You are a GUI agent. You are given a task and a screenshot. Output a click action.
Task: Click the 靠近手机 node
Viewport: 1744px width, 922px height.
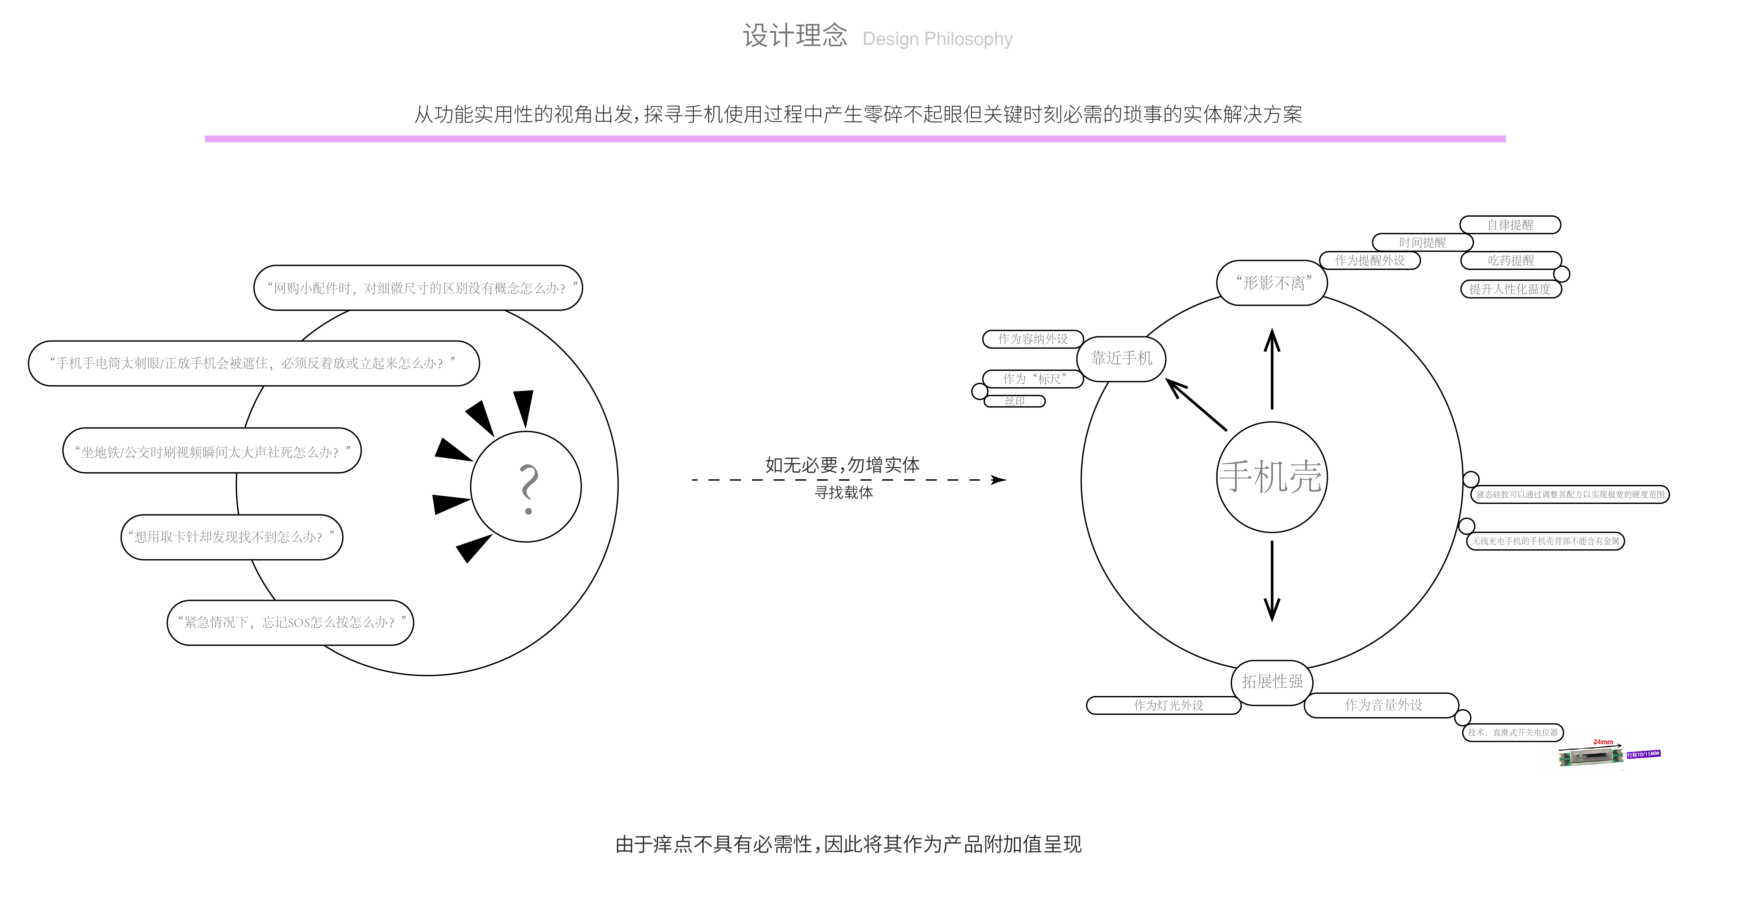click(1121, 358)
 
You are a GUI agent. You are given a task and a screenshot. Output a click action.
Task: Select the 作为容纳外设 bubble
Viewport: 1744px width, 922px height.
click(1033, 339)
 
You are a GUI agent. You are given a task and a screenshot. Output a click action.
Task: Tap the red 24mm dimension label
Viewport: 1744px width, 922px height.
click(1603, 742)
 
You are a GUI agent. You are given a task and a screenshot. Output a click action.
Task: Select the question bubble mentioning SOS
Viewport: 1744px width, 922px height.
click(290, 622)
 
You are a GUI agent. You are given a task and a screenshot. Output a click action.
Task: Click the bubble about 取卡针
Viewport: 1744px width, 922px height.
click(232, 537)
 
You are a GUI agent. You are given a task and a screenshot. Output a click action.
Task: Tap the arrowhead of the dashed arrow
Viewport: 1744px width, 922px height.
click(998, 480)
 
